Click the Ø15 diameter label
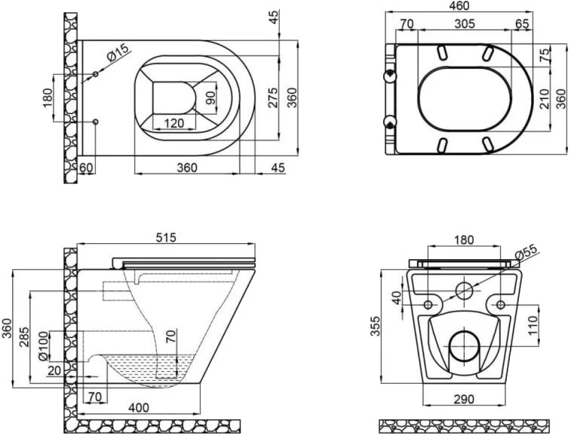(118, 54)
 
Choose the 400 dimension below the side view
(138, 407)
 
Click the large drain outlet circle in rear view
(464, 345)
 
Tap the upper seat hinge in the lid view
(390, 75)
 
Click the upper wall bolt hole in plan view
(96, 75)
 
